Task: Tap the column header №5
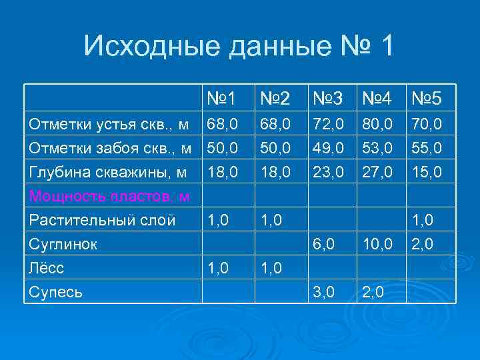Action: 427,99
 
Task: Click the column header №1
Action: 221,99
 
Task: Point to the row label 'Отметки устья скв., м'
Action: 108,124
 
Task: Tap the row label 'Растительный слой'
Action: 101,221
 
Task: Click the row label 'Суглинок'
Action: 63,245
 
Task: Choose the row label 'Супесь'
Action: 55,291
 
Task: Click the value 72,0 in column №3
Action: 328,124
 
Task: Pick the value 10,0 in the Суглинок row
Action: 377,245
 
